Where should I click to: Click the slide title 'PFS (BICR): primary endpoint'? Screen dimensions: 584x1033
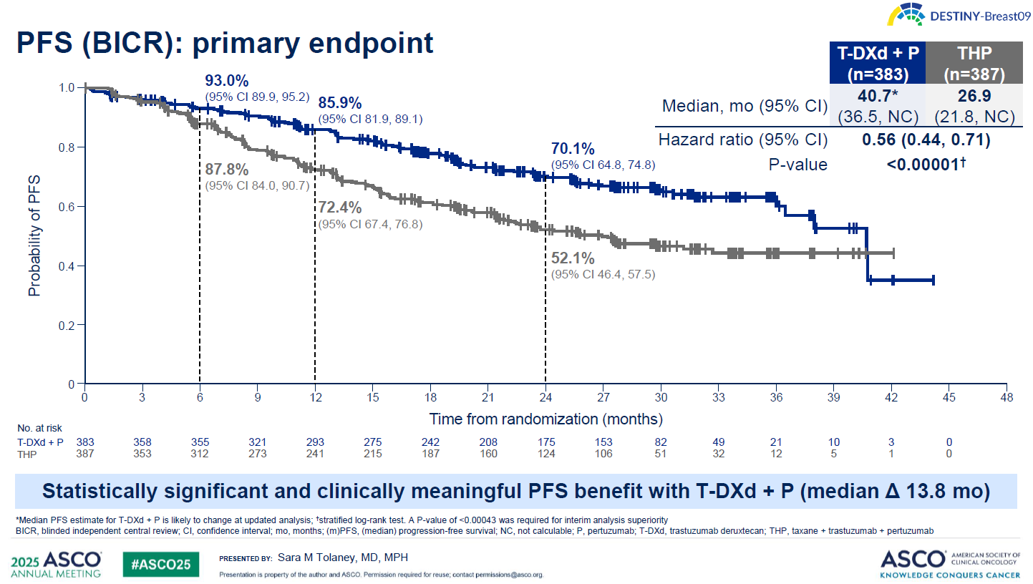(225, 43)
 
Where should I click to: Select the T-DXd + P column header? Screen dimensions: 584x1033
(876, 63)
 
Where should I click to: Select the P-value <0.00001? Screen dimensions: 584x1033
(927, 165)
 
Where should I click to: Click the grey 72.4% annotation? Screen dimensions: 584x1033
(340, 208)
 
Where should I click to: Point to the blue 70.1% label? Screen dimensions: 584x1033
(573, 150)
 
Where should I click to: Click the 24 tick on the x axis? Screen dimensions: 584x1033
(545, 397)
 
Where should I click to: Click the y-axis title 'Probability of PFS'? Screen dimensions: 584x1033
(34, 235)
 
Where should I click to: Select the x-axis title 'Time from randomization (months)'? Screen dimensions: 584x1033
(545, 418)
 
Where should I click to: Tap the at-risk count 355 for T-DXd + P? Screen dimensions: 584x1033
(200, 442)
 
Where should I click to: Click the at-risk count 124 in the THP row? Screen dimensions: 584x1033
(545, 453)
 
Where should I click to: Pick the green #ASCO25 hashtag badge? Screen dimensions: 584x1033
(160, 564)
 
